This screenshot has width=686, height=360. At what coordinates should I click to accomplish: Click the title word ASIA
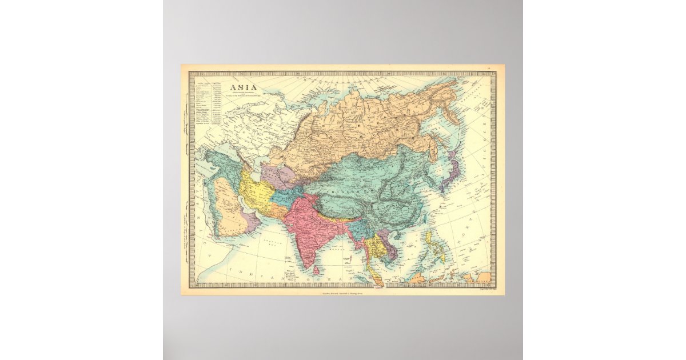[x=243, y=89]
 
